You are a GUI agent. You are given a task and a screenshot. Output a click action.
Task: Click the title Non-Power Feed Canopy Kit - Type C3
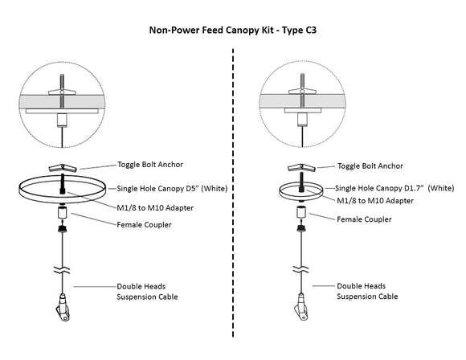(233, 31)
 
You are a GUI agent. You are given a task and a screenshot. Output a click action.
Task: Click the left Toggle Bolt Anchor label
(150, 165)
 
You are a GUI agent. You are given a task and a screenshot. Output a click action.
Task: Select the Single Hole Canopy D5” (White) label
(172, 189)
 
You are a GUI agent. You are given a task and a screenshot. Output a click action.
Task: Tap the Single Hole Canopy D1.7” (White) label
(394, 188)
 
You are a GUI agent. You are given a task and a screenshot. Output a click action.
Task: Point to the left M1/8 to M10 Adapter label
(155, 208)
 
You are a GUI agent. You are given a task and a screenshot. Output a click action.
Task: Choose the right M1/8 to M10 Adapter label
(375, 201)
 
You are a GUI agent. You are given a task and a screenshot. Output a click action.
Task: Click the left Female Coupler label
(144, 225)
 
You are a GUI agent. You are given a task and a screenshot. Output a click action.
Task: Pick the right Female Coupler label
(364, 219)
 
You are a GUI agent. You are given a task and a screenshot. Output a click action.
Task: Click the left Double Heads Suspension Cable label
(147, 292)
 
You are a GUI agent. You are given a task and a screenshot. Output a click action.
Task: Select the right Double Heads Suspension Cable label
(367, 291)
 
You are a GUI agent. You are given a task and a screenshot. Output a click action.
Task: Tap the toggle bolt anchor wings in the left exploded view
(63, 168)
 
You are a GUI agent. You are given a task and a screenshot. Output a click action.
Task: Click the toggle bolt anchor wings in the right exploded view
(301, 168)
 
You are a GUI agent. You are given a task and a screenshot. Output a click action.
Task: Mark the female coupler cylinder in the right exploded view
(301, 212)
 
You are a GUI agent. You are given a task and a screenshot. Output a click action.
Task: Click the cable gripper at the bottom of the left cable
(63, 308)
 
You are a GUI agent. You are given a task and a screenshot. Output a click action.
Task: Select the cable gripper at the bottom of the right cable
(301, 307)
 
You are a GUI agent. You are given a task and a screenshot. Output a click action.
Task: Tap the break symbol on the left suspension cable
(62, 270)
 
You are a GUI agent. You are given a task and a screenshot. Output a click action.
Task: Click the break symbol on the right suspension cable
(300, 269)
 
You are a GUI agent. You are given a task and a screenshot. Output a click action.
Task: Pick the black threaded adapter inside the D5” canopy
(63, 184)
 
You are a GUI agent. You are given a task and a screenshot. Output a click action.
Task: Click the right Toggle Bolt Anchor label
(370, 166)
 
